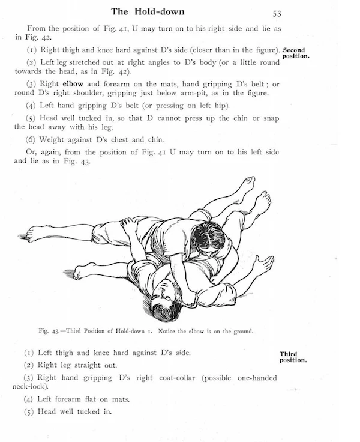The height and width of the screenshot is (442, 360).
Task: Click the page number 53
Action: click(277, 13)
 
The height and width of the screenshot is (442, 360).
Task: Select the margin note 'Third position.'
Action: click(293, 357)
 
